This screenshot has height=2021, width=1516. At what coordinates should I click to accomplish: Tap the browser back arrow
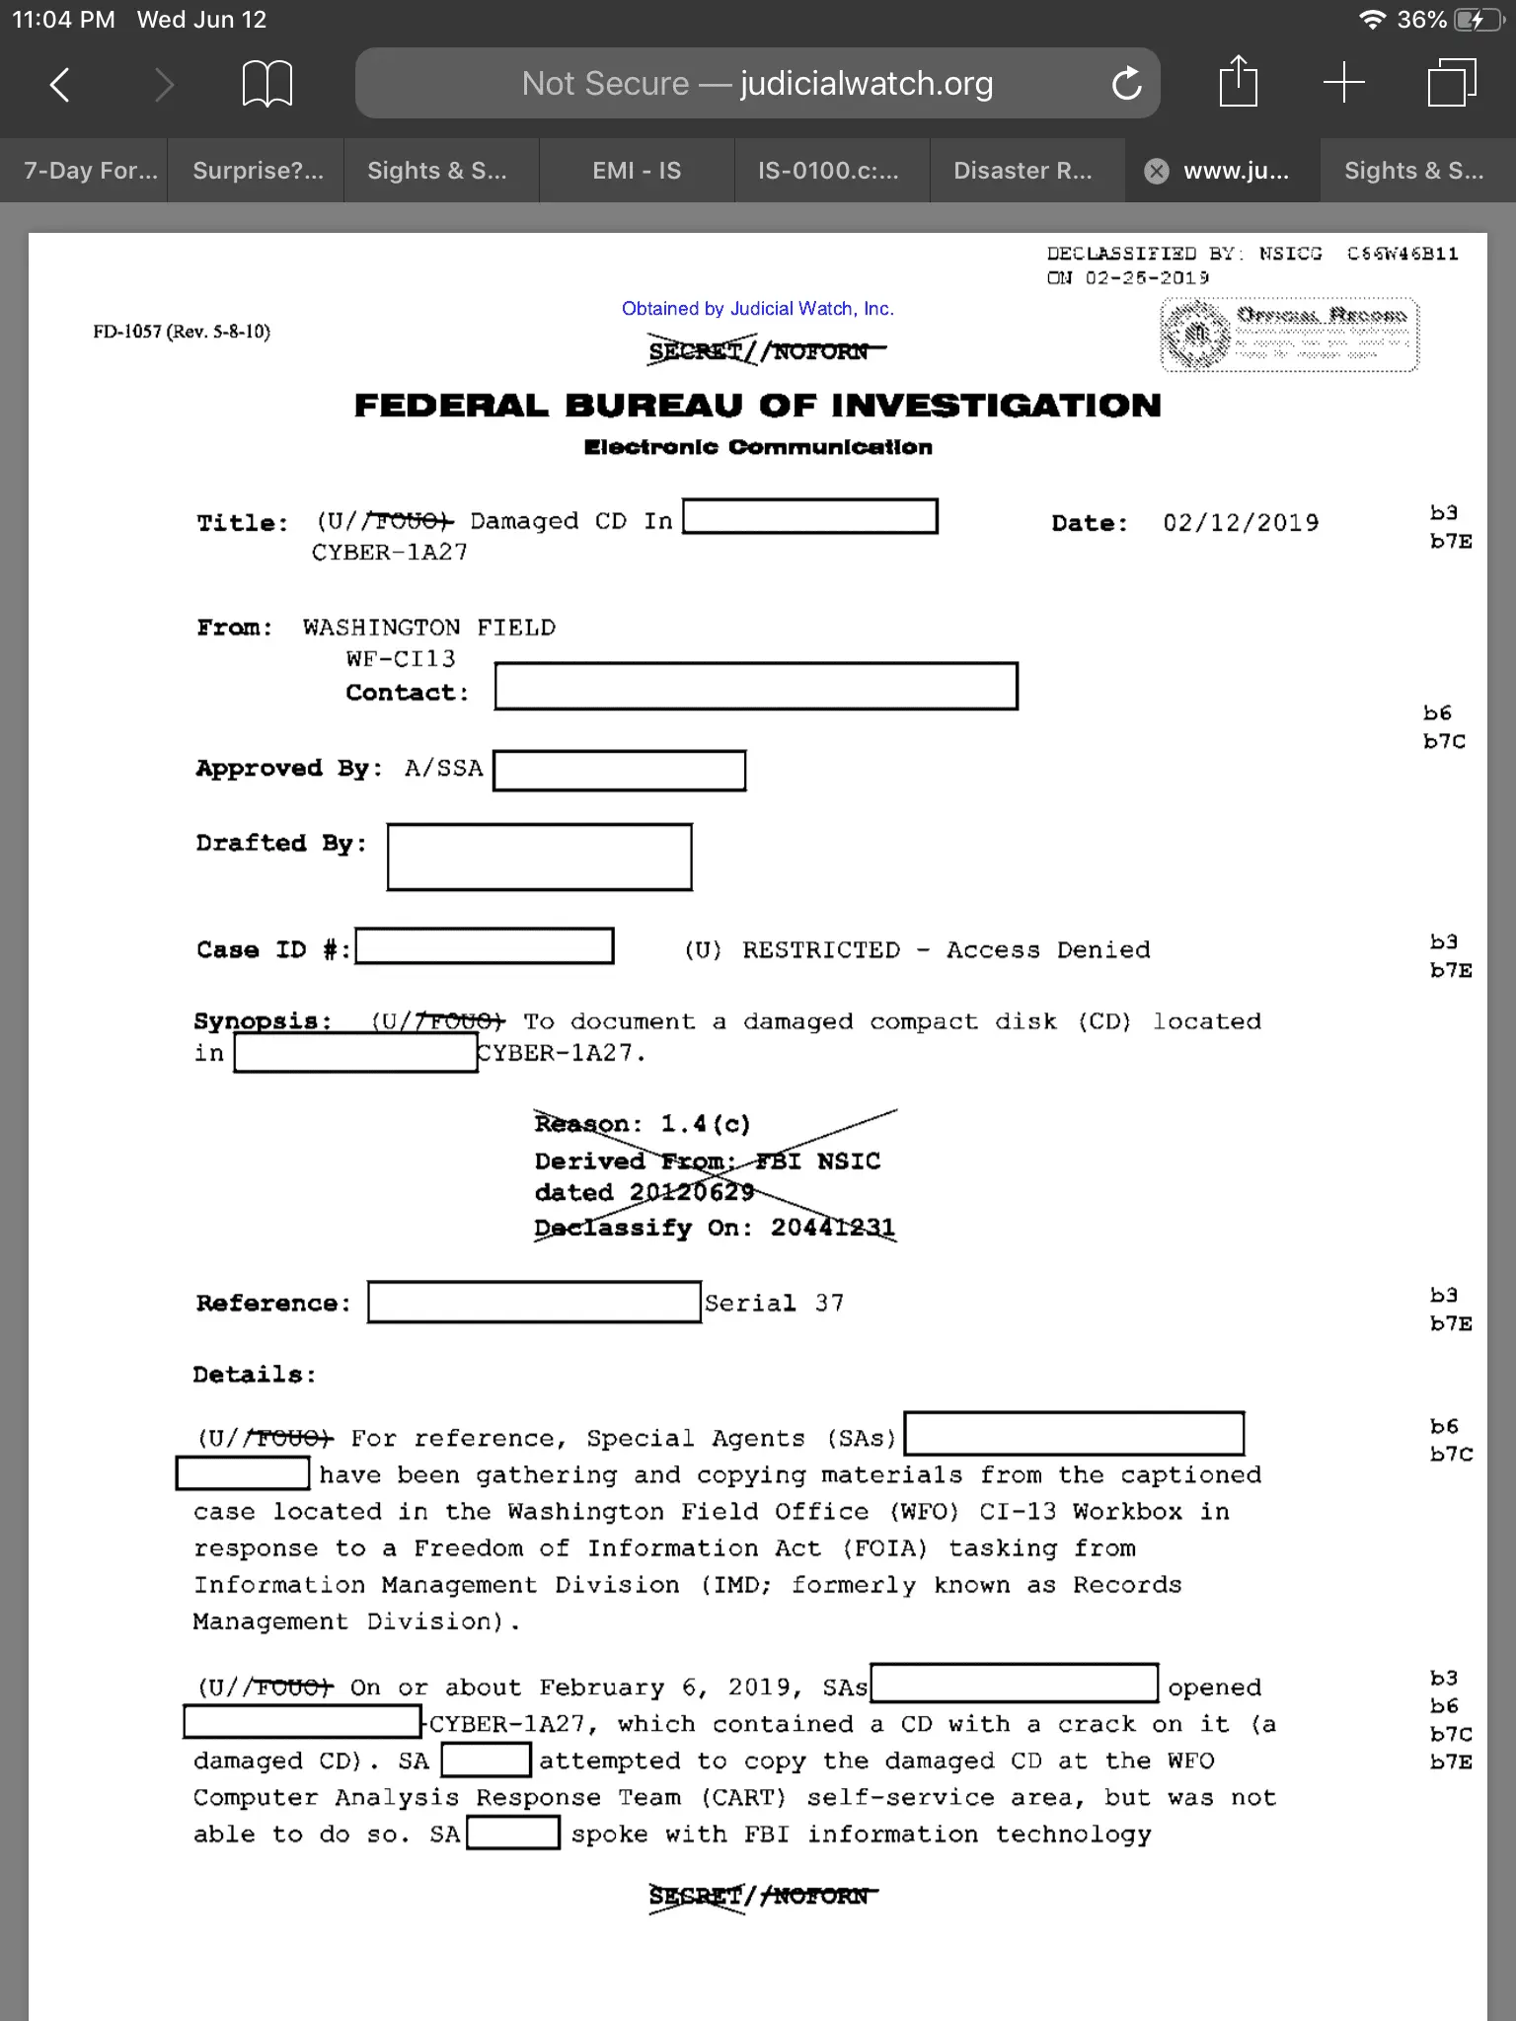coord(60,84)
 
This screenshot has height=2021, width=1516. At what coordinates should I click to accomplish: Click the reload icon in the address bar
coord(1126,84)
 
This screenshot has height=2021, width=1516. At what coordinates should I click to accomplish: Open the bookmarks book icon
coord(266,84)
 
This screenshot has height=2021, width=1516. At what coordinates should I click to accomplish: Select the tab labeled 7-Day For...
coord(90,171)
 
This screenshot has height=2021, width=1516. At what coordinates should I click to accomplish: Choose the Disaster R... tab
coord(1023,171)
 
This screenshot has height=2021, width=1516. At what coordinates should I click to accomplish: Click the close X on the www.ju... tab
coord(1156,172)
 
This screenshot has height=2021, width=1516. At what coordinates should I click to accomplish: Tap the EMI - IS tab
coord(637,171)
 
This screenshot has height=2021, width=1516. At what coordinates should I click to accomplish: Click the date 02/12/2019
coord(1241,523)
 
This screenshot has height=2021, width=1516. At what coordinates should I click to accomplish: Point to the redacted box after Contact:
coord(755,686)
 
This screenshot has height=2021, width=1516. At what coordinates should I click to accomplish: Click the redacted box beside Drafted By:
coord(539,857)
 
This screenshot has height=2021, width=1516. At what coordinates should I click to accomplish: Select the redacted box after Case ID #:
coord(485,946)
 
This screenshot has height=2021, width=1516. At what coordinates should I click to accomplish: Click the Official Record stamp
coord(1289,335)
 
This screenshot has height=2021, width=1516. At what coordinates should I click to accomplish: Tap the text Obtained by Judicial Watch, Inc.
coord(757,309)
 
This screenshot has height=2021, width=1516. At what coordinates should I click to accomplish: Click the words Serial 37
coord(774,1304)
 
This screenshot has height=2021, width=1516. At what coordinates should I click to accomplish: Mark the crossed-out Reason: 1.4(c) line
coord(643,1124)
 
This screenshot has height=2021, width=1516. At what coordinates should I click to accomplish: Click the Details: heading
coord(254,1375)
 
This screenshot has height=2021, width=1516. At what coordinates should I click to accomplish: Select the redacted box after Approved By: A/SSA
coord(619,771)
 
